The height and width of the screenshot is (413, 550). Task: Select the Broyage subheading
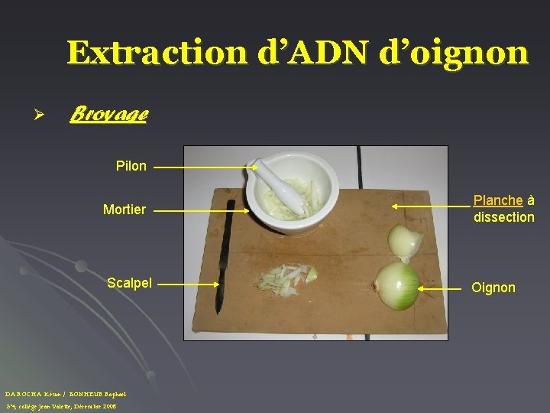(x=108, y=115)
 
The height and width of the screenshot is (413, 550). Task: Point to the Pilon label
(x=131, y=166)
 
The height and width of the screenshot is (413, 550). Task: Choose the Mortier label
(x=125, y=209)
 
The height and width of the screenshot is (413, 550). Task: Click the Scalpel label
(x=129, y=283)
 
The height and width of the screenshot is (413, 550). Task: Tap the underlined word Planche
(x=498, y=200)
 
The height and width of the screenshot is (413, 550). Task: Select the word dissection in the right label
(x=503, y=217)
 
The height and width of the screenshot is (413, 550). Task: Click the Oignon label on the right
(x=493, y=288)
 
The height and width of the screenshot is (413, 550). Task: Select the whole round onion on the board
(x=396, y=286)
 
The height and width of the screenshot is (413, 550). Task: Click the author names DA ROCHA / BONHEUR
(x=64, y=393)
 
